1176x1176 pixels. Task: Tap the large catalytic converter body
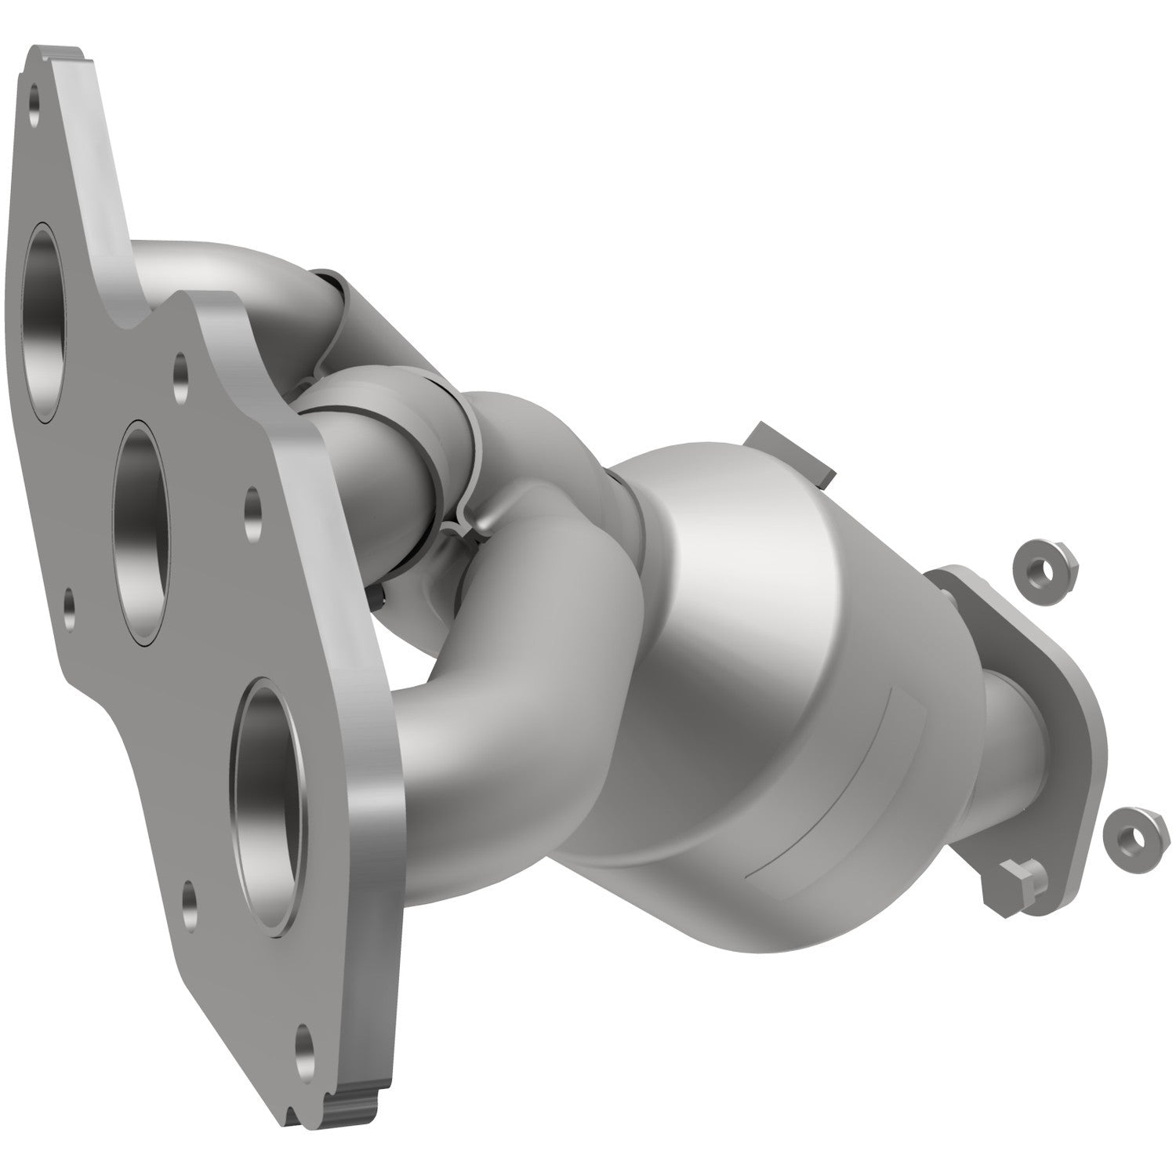coord(753,706)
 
